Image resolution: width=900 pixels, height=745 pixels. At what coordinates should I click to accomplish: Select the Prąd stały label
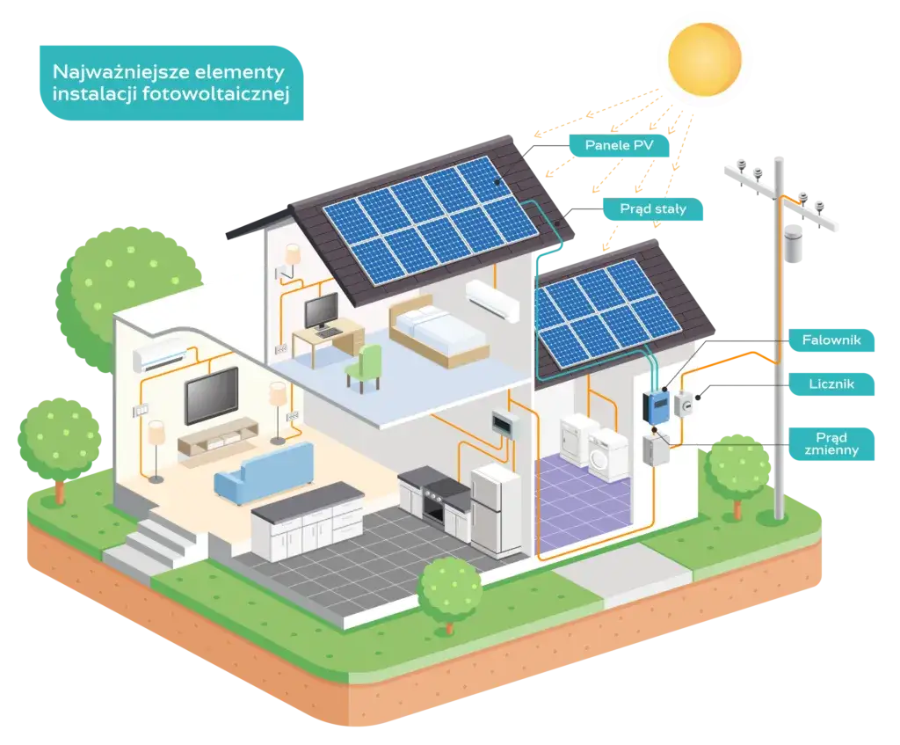[x=652, y=209]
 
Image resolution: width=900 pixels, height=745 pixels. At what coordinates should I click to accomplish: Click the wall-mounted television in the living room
[x=211, y=395]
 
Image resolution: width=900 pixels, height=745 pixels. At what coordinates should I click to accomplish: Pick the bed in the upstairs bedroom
[x=437, y=329]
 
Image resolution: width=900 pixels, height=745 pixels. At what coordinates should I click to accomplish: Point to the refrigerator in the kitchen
[x=496, y=509]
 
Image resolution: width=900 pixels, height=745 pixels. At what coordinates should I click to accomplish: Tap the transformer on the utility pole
[x=797, y=242]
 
